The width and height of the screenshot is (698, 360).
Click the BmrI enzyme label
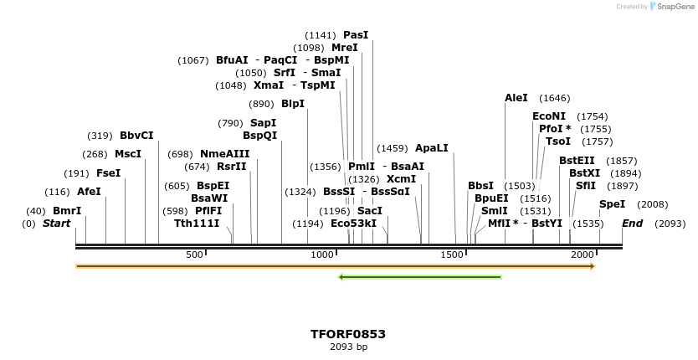(x=67, y=211)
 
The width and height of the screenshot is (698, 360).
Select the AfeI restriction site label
(x=89, y=192)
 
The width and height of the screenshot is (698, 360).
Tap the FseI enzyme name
(x=109, y=173)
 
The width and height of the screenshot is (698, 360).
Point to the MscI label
(x=128, y=154)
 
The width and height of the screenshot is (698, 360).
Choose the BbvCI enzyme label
(x=136, y=136)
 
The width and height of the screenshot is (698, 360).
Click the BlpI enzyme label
(x=293, y=104)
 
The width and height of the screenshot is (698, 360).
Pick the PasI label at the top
(x=356, y=35)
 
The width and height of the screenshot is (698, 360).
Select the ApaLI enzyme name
(x=432, y=148)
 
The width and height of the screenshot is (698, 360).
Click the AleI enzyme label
(x=516, y=98)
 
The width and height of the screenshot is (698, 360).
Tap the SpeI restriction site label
(x=612, y=204)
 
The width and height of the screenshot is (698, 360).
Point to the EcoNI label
(x=549, y=116)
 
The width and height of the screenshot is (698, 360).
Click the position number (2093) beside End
(x=670, y=224)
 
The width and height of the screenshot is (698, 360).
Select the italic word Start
(x=56, y=224)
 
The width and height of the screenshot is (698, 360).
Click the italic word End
(x=632, y=224)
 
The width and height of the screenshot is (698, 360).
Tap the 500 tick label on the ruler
(x=194, y=255)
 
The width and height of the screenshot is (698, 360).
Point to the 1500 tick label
(x=453, y=255)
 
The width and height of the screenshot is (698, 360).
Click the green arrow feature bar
(x=419, y=277)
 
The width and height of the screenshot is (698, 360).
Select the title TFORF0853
(x=348, y=334)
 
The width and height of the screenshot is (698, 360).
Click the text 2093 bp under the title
(x=348, y=347)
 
